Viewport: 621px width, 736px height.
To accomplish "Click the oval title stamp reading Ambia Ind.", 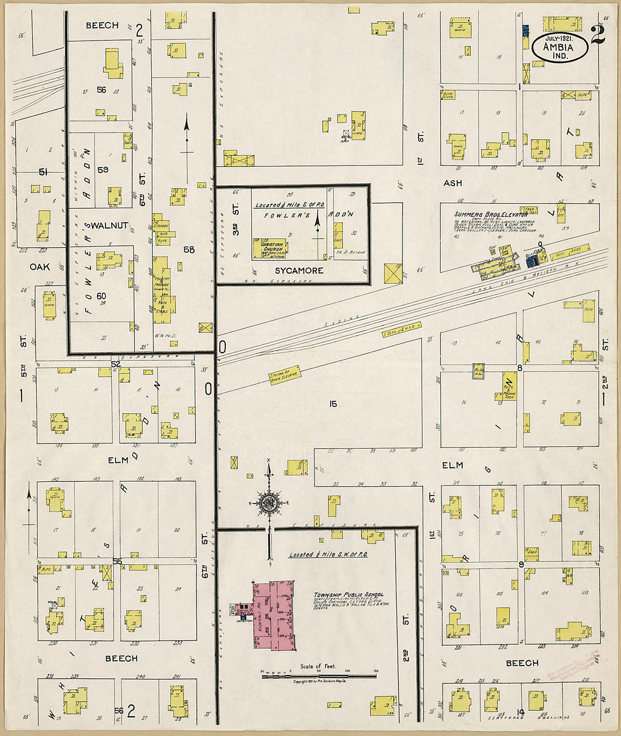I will (559, 47).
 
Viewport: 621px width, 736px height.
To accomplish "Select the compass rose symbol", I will (269, 502).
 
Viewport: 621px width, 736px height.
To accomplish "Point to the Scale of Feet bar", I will (320, 675).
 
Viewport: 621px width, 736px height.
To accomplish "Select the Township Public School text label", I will (348, 595).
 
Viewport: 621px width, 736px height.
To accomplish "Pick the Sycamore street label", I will (299, 271).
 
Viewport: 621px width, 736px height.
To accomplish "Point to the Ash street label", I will (453, 183).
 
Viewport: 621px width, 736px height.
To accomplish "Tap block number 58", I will (189, 249).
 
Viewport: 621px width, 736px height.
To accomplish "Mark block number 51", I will (42, 172).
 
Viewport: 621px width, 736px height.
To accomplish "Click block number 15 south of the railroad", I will (333, 404).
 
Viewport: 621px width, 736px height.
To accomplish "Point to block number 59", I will (102, 169).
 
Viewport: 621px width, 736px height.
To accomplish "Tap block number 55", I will (117, 561).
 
